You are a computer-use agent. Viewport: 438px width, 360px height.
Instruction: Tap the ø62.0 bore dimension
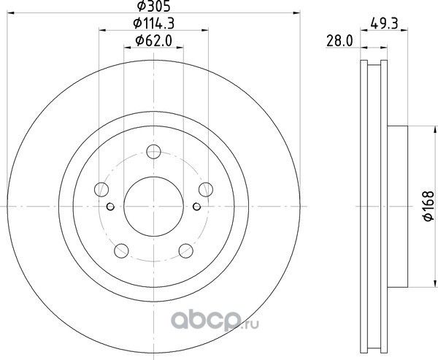[152, 42]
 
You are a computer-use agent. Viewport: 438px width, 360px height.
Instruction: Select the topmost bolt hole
[153, 152]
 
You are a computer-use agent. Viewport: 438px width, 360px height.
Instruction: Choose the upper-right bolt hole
[205, 190]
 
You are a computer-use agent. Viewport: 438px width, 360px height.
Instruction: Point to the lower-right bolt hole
[185, 252]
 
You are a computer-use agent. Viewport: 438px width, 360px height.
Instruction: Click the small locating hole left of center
[109, 207]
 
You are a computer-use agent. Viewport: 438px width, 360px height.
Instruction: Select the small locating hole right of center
[196, 207]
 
